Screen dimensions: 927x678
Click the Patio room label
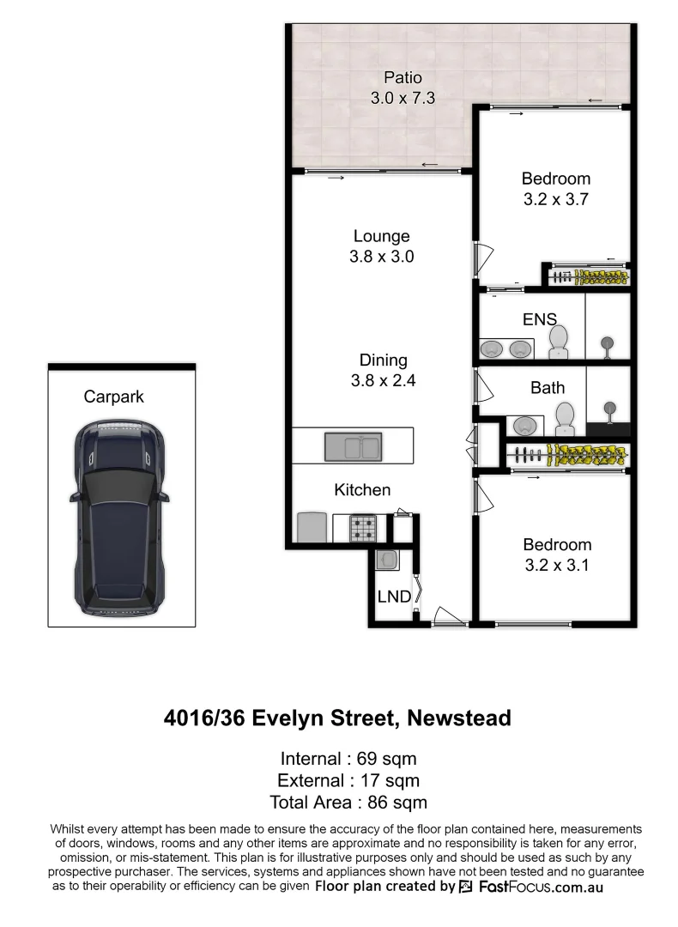click(403, 78)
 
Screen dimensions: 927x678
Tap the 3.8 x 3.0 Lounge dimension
click(382, 256)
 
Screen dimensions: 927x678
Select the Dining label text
click(383, 360)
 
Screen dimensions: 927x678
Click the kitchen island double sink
click(352, 447)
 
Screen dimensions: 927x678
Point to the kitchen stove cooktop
click(362, 527)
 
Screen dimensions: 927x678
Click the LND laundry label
click(394, 597)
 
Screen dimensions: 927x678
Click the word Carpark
click(113, 397)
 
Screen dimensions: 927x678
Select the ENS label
click(540, 319)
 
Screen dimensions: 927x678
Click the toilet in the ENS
click(558, 342)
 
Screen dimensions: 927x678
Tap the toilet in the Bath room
click(565, 420)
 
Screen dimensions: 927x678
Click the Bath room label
click(548, 388)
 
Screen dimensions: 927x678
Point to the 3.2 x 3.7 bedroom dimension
click(556, 200)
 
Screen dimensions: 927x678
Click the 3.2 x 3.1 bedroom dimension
click(557, 566)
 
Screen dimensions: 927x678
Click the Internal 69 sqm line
click(348, 759)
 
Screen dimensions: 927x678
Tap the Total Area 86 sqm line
click(348, 803)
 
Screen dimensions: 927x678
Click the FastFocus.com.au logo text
click(539, 887)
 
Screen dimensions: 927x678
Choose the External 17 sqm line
click(348, 780)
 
